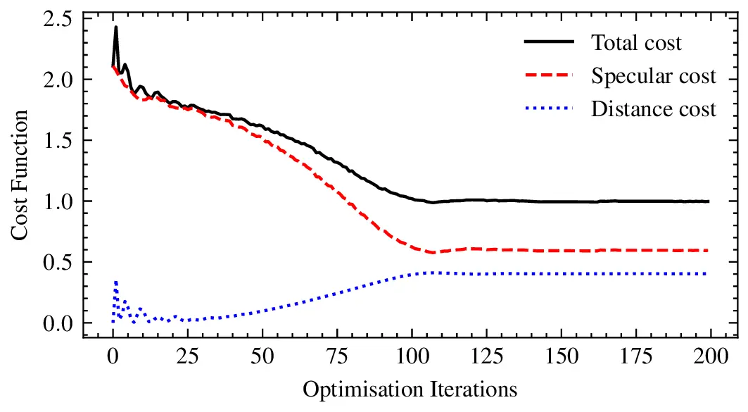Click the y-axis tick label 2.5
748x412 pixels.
click(57, 18)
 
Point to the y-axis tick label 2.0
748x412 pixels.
click(57, 79)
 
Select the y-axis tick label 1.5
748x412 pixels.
click(57, 140)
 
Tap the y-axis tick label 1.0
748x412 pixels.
click(57, 201)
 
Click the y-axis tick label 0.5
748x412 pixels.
click(57, 262)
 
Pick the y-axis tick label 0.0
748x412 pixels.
click(57, 323)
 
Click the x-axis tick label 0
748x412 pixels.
click(113, 356)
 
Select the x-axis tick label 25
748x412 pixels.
click(187, 356)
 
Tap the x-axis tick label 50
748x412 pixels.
click(262, 356)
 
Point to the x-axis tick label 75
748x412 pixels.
click(336, 356)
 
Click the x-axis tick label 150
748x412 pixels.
click(560, 356)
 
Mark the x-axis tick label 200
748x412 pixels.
click(709, 356)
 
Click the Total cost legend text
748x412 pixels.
click(636, 43)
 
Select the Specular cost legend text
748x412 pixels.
click(653, 76)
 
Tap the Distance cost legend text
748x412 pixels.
click(653, 109)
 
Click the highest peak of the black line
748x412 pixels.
click(115, 27)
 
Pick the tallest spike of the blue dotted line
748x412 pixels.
click(115, 281)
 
